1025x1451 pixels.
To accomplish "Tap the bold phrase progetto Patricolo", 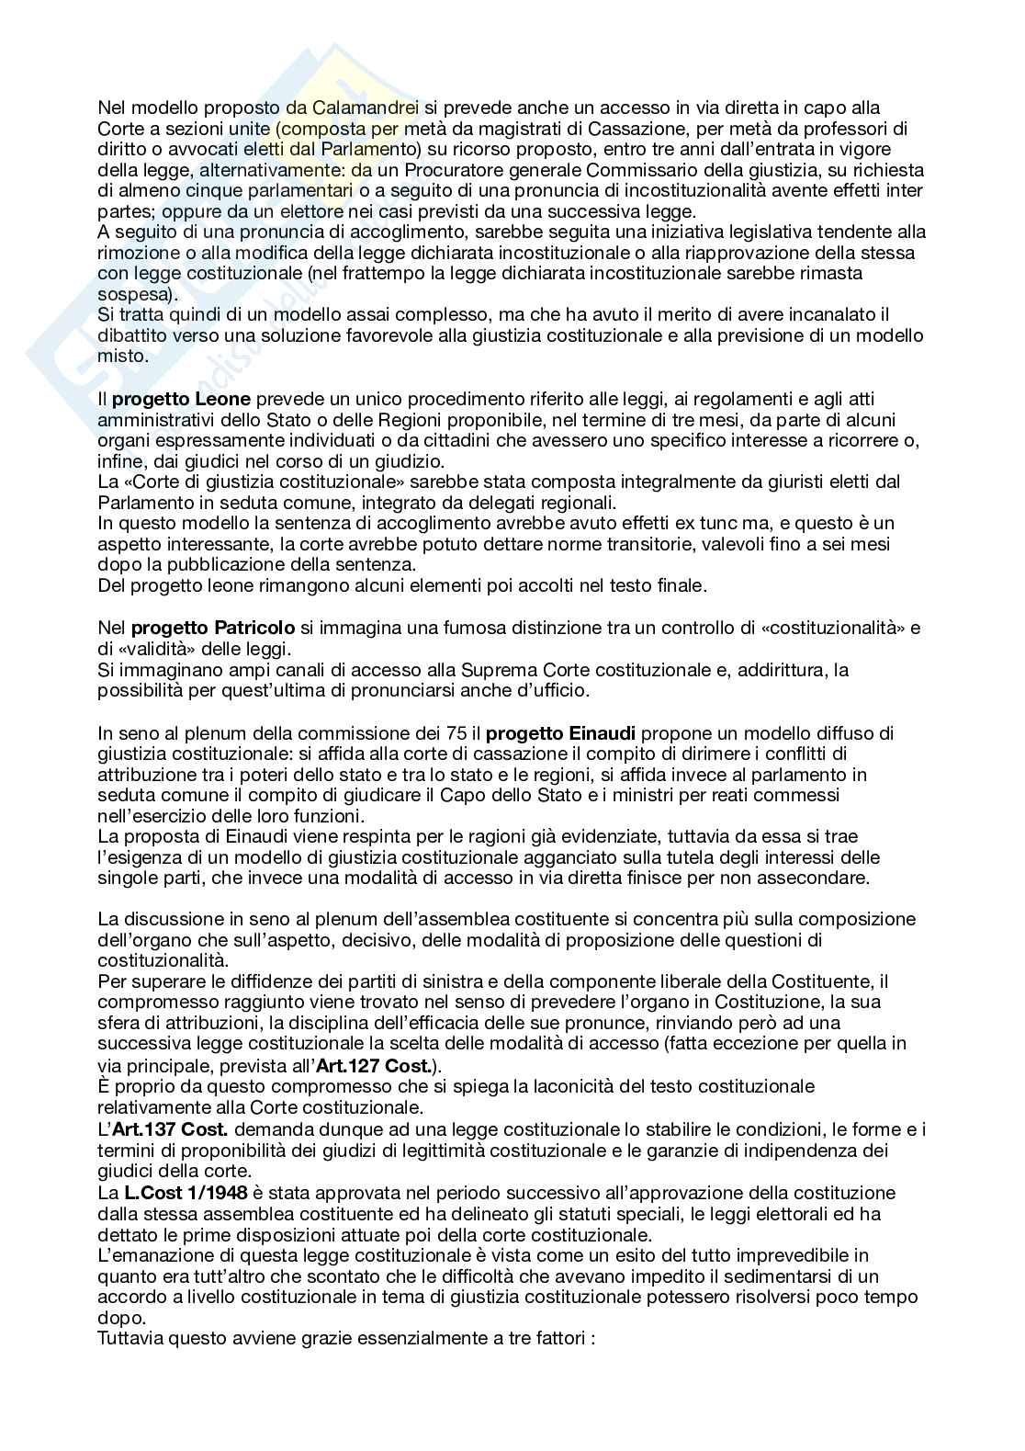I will pos(213,629).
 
